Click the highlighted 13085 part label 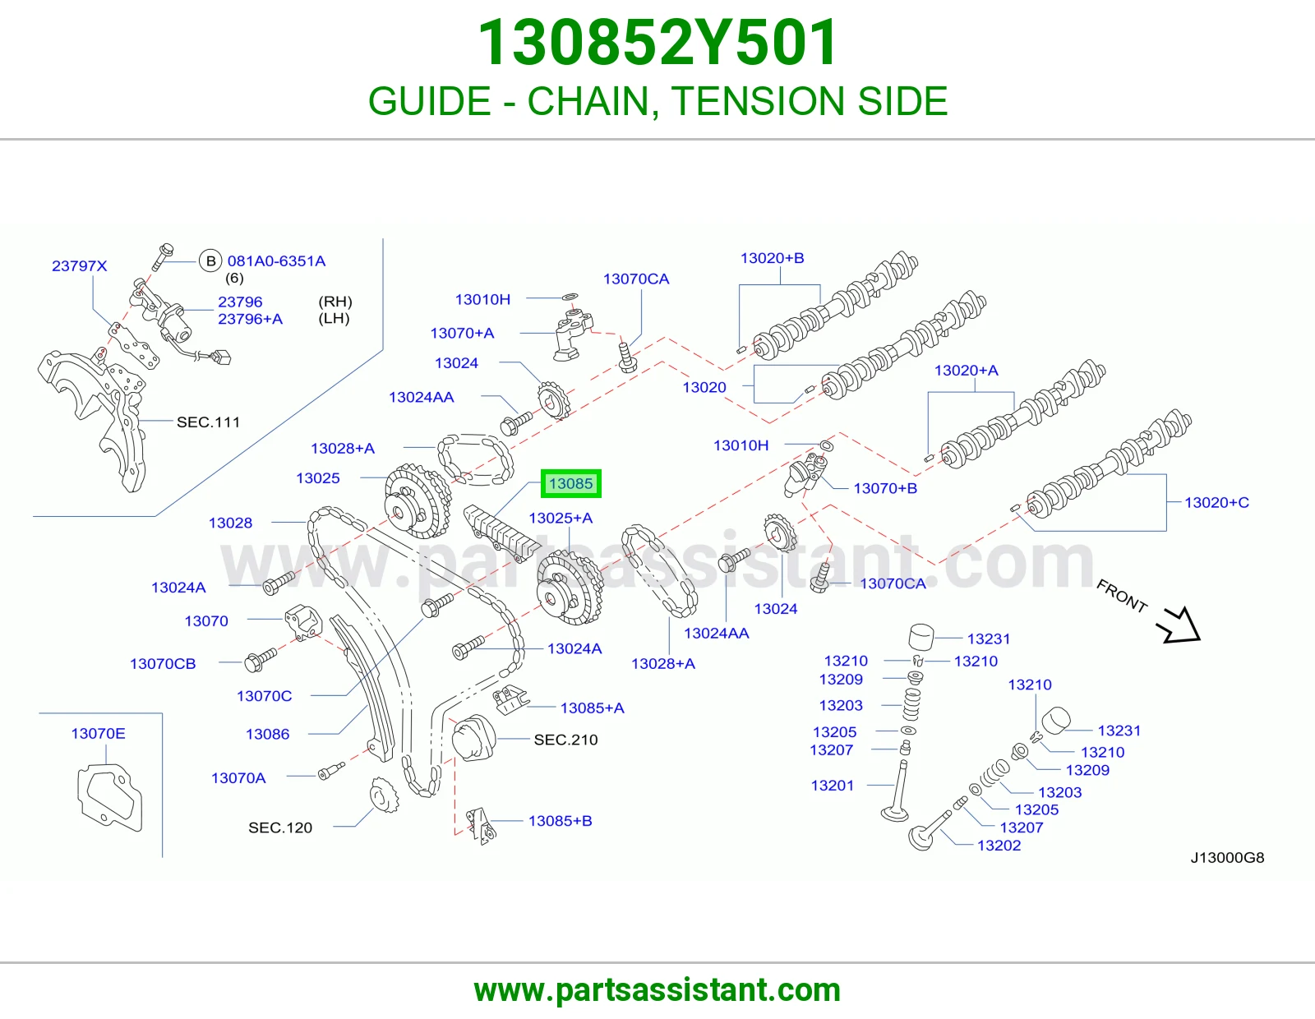tap(570, 483)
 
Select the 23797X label tap(79, 265)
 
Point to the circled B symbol tap(210, 261)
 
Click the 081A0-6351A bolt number tap(276, 261)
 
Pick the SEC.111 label tap(208, 422)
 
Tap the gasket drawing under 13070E tap(109, 797)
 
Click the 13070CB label tap(163, 664)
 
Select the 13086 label tap(267, 734)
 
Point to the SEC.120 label tap(280, 828)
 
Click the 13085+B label tap(561, 820)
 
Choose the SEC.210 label tap(565, 740)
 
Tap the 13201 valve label tap(832, 786)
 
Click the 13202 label tap(999, 846)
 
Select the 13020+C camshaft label tap(1216, 502)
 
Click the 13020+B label tap(773, 258)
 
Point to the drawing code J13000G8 tap(1227, 857)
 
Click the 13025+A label tap(561, 518)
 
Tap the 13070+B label tap(885, 488)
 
